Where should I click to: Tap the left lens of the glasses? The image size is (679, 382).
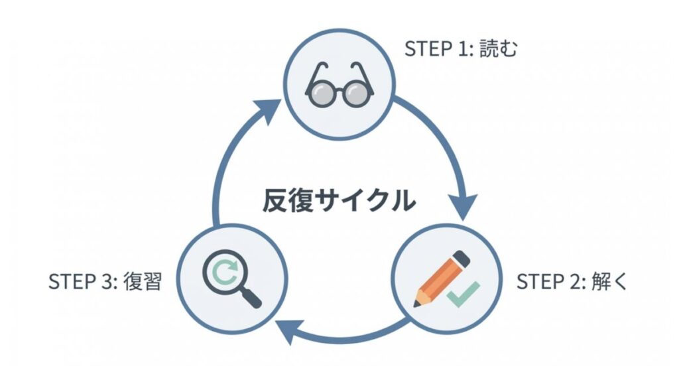(x=320, y=93)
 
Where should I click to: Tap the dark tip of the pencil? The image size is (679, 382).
(x=417, y=303)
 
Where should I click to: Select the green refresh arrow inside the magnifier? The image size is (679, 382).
(x=223, y=269)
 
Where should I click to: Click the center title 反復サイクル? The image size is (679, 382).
(x=338, y=200)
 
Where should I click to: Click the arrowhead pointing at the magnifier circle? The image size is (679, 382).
(x=286, y=330)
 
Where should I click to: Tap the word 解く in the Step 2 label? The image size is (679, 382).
(x=608, y=281)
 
